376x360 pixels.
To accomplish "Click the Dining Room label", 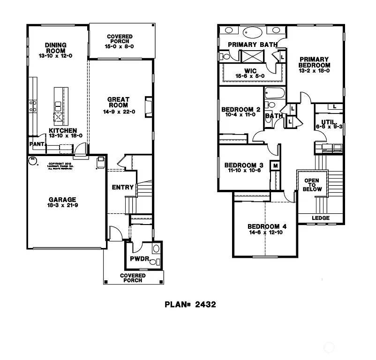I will (55, 45).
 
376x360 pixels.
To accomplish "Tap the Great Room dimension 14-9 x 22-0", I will (119, 112).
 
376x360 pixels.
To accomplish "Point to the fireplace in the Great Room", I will (149, 106).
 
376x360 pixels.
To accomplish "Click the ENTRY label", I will (122, 187).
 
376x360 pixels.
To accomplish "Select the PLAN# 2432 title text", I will (190, 304).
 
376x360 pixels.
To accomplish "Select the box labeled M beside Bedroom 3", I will (275, 166).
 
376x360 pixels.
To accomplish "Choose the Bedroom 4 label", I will (267, 227).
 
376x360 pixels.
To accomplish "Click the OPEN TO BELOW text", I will (312, 185).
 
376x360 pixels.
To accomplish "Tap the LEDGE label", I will (321, 218).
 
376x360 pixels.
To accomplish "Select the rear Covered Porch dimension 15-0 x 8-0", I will (120, 46).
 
